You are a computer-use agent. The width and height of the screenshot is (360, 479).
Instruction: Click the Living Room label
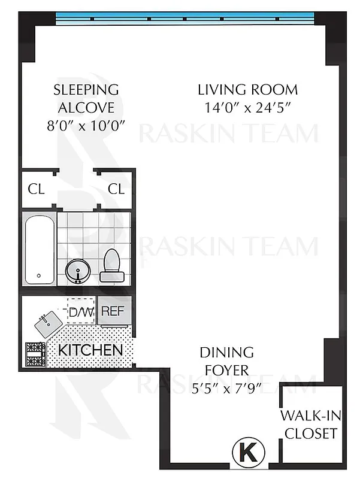pos(247,90)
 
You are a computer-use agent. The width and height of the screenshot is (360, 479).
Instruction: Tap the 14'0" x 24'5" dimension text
pos(247,108)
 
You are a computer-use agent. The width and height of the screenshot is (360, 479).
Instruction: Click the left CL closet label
pos(36,189)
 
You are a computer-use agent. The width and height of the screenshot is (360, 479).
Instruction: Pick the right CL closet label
pos(116,189)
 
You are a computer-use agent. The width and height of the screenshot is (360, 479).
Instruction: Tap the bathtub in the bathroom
pos(40,249)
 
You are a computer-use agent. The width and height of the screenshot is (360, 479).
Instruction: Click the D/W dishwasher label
pos(78,312)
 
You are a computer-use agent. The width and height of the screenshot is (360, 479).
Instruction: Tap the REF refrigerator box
pos(113,311)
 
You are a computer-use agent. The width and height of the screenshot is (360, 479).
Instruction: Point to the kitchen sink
pos(49,324)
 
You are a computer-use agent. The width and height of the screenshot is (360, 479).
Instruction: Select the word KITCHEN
pos(91,350)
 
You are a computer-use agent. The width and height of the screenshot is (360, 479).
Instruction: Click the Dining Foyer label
pos(226,362)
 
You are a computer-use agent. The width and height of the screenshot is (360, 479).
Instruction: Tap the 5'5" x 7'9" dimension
pos(226,388)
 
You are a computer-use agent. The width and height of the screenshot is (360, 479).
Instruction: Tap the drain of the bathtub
pos(40,276)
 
